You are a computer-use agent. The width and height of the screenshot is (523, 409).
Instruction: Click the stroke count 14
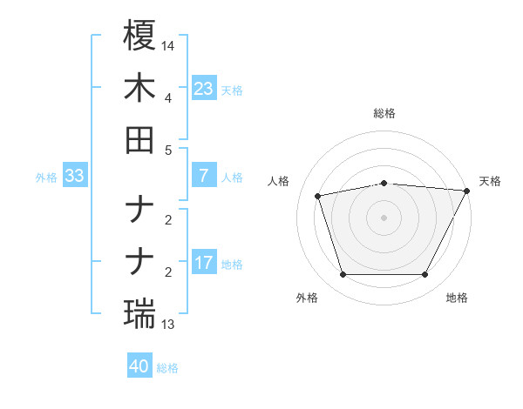[x=168, y=44]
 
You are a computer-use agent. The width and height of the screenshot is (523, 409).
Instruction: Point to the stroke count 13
[x=168, y=325]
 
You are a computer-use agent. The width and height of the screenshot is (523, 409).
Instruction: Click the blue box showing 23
[x=203, y=88]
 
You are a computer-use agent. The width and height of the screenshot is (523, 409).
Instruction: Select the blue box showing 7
[x=203, y=175]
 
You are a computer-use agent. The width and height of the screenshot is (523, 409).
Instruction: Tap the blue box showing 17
[x=203, y=262]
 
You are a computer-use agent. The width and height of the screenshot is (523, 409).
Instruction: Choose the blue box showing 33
[x=75, y=176]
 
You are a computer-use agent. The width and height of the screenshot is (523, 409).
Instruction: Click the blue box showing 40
[x=139, y=366]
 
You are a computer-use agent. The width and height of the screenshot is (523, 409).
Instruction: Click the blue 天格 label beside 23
[x=232, y=90]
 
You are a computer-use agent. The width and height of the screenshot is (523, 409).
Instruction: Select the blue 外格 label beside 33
[x=46, y=177]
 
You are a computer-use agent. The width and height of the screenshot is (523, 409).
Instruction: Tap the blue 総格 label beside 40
[x=167, y=368]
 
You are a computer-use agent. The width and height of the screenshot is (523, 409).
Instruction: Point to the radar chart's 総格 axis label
[x=384, y=113]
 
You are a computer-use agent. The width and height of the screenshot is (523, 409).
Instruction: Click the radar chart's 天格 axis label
[x=490, y=181]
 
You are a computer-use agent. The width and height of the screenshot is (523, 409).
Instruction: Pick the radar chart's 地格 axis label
[x=457, y=298]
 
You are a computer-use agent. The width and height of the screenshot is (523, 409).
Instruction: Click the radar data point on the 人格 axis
[x=318, y=195]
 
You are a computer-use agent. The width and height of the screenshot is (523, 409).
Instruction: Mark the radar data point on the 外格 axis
[x=343, y=275]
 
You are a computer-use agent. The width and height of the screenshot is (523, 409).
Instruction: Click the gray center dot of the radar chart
[x=384, y=217]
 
